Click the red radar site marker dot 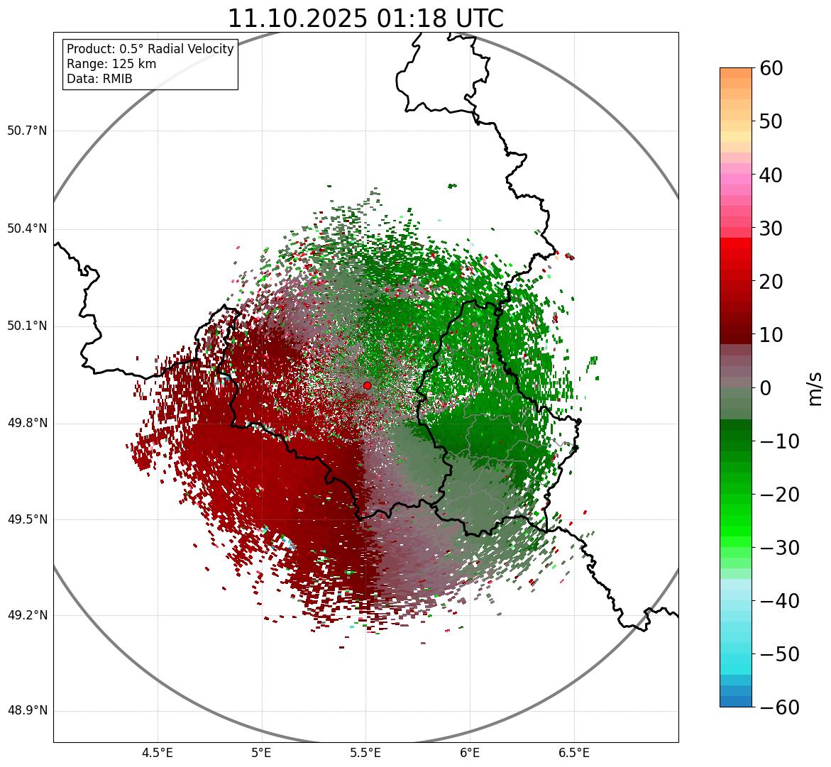point(367,385)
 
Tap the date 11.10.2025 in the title point(298,18)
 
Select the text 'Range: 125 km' point(111,64)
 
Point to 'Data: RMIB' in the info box point(99,79)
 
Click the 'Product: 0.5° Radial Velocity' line point(150,49)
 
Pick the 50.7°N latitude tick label point(27,131)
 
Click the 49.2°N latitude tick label point(27,615)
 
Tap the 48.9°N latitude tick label point(27,711)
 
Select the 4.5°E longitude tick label point(158,753)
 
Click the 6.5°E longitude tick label point(573,753)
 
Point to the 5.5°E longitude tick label point(365,753)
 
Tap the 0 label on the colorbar point(766,388)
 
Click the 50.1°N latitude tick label point(27,326)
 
